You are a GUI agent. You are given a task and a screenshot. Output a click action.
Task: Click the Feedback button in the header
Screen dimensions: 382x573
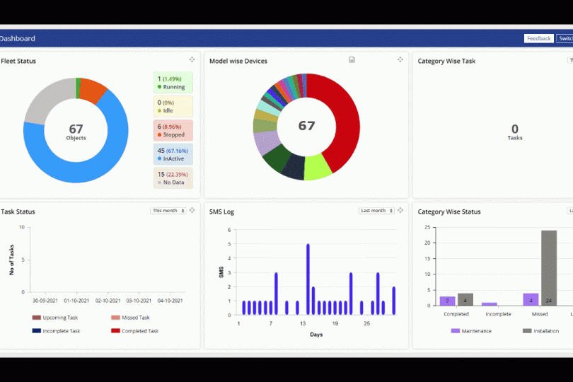click(x=538, y=38)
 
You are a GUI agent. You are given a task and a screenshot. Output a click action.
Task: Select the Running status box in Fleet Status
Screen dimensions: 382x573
click(x=173, y=83)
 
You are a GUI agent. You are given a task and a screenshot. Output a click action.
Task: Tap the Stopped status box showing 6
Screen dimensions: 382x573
click(x=173, y=130)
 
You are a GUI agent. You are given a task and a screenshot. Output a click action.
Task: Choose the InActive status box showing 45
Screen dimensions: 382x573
click(x=173, y=154)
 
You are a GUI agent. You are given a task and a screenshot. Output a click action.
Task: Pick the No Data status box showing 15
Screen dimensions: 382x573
click(x=173, y=178)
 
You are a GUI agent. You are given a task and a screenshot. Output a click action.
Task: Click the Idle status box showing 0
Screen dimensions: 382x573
click(x=173, y=106)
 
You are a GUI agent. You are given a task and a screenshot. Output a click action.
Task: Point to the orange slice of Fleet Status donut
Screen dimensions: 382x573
click(x=92, y=88)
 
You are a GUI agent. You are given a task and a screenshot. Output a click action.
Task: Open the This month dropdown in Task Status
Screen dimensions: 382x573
click(x=168, y=211)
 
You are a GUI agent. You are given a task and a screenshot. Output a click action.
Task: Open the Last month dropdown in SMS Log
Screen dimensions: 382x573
click(x=376, y=211)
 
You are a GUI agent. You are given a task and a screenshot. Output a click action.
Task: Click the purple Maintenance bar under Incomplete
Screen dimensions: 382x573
click(x=490, y=303)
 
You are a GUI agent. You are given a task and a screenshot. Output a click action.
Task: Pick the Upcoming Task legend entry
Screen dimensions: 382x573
click(x=59, y=318)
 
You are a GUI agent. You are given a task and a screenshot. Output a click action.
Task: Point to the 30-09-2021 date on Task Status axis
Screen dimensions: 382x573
click(x=45, y=301)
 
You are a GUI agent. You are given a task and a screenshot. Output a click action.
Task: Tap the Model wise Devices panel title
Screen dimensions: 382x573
click(x=238, y=61)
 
